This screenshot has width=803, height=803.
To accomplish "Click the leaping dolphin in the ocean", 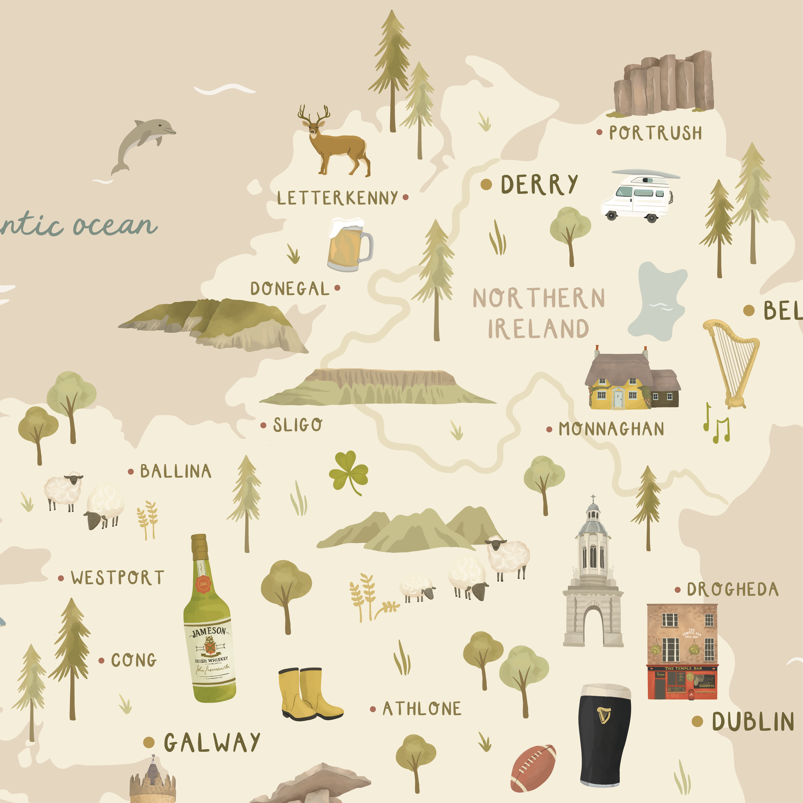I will pos(142,144).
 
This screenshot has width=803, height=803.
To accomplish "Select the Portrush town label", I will pos(655,133).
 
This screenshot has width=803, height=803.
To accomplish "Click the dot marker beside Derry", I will pos(486,185).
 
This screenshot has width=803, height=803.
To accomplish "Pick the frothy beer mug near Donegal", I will pos(348,245).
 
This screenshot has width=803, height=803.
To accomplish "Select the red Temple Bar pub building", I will pos(682,652).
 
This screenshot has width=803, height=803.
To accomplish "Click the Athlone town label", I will pos(421,709).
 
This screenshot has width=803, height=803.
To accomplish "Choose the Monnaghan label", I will pos(611,429).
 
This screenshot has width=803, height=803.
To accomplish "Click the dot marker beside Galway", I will pos(149,742).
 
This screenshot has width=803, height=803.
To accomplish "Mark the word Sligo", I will pos(297,425).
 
